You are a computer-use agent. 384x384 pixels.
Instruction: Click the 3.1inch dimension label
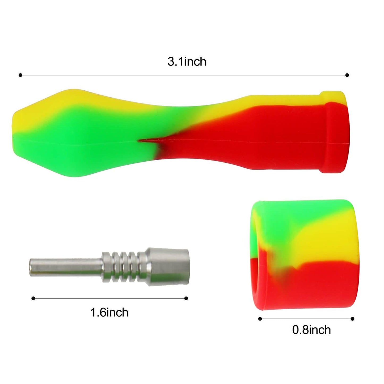(x=187, y=62)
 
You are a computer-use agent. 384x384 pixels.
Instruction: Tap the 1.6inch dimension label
(x=109, y=312)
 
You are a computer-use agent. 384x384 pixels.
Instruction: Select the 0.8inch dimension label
(x=311, y=330)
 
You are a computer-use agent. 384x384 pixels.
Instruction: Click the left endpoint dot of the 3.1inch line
(x=20, y=75)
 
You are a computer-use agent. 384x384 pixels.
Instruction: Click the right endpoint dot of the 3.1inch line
(x=347, y=75)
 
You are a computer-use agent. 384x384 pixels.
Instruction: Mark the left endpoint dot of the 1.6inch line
(x=33, y=298)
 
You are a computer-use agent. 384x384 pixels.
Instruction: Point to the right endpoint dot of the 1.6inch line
(x=186, y=298)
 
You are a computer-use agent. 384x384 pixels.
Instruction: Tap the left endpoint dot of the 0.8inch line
(x=260, y=319)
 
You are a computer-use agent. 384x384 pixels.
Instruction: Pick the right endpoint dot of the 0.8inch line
(x=353, y=319)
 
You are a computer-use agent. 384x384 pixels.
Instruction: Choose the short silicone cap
(x=303, y=255)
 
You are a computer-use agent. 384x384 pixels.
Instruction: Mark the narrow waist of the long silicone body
(x=170, y=133)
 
